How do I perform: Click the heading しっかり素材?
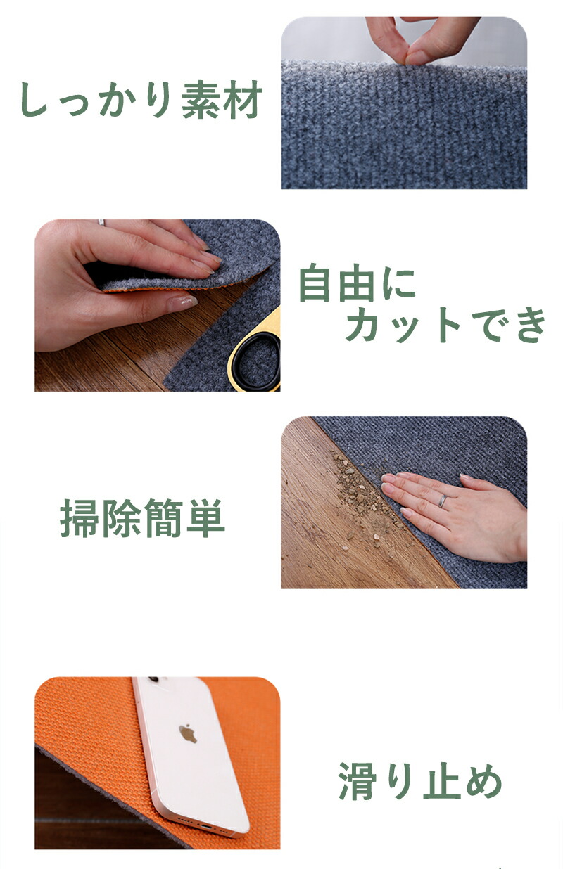[x=141, y=99]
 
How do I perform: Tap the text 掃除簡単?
[x=142, y=518]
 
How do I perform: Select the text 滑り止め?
[x=420, y=781]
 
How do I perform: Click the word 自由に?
[x=358, y=283]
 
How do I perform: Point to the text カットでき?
[x=445, y=324]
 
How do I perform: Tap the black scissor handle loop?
[x=254, y=361]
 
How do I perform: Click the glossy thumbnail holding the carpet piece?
[x=182, y=302]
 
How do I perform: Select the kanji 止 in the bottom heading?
[x=441, y=781]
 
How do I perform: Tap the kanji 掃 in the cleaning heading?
[x=80, y=518]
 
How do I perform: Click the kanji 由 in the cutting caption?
[x=358, y=283]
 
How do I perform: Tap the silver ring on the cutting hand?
[x=101, y=222]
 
